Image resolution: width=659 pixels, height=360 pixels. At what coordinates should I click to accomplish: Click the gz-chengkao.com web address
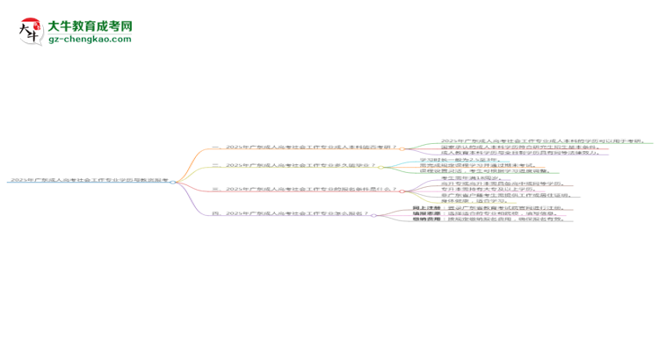click(90, 40)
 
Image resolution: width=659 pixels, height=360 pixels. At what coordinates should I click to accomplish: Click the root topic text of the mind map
click(88, 180)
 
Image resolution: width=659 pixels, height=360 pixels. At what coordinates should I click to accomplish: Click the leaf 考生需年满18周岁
click(465, 177)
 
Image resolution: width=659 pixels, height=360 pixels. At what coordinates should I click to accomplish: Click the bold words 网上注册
click(425, 208)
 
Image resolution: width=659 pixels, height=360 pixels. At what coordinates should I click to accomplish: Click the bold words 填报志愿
click(425, 213)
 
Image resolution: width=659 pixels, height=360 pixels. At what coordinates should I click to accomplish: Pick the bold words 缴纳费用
click(425, 220)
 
